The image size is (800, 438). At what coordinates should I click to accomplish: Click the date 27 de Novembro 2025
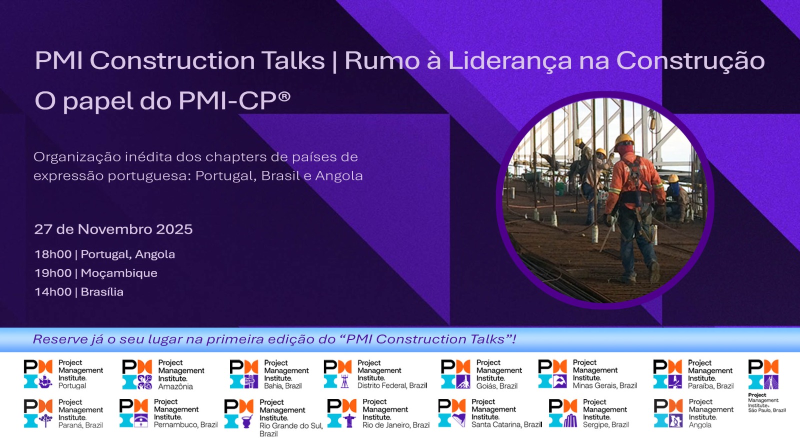click(113, 229)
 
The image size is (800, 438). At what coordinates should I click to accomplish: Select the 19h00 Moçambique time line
click(95, 273)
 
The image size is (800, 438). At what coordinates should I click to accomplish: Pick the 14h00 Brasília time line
click(78, 292)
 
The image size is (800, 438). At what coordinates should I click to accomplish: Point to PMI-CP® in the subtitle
click(234, 101)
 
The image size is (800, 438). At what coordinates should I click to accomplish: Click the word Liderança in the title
click(509, 61)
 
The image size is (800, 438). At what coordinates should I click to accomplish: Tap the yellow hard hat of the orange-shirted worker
click(624, 139)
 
